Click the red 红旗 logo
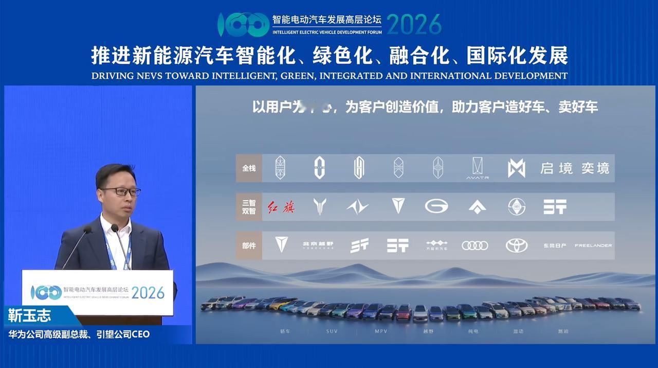click(x=281, y=207)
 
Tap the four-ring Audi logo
click(x=474, y=246)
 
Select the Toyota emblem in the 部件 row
click(x=517, y=246)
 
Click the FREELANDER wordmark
click(x=593, y=246)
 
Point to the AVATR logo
click(x=477, y=168)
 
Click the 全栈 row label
click(x=249, y=168)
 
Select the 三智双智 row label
click(x=249, y=207)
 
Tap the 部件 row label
click(x=249, y=246)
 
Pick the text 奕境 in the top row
click(x=595, y=168)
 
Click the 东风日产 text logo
click(x=555, y=246)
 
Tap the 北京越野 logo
click(x=318, y=246)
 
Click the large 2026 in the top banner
click(x=414, y=24)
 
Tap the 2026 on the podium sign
click(x=148, y=292)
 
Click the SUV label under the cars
click(x=332, y=331)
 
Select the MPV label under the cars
click(x=380, y=331)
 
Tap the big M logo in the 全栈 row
click(x=517, y=168)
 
